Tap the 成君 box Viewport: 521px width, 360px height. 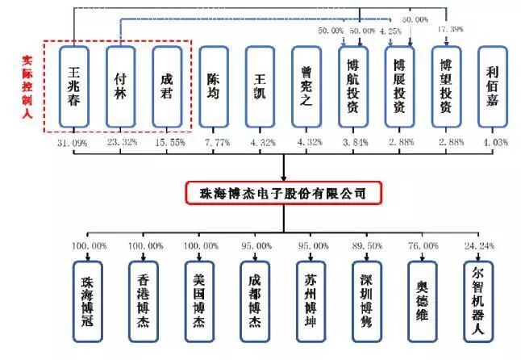click(165, 86)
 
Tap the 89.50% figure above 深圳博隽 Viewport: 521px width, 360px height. click(367, 245)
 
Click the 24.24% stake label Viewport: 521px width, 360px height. click(478, 245)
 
